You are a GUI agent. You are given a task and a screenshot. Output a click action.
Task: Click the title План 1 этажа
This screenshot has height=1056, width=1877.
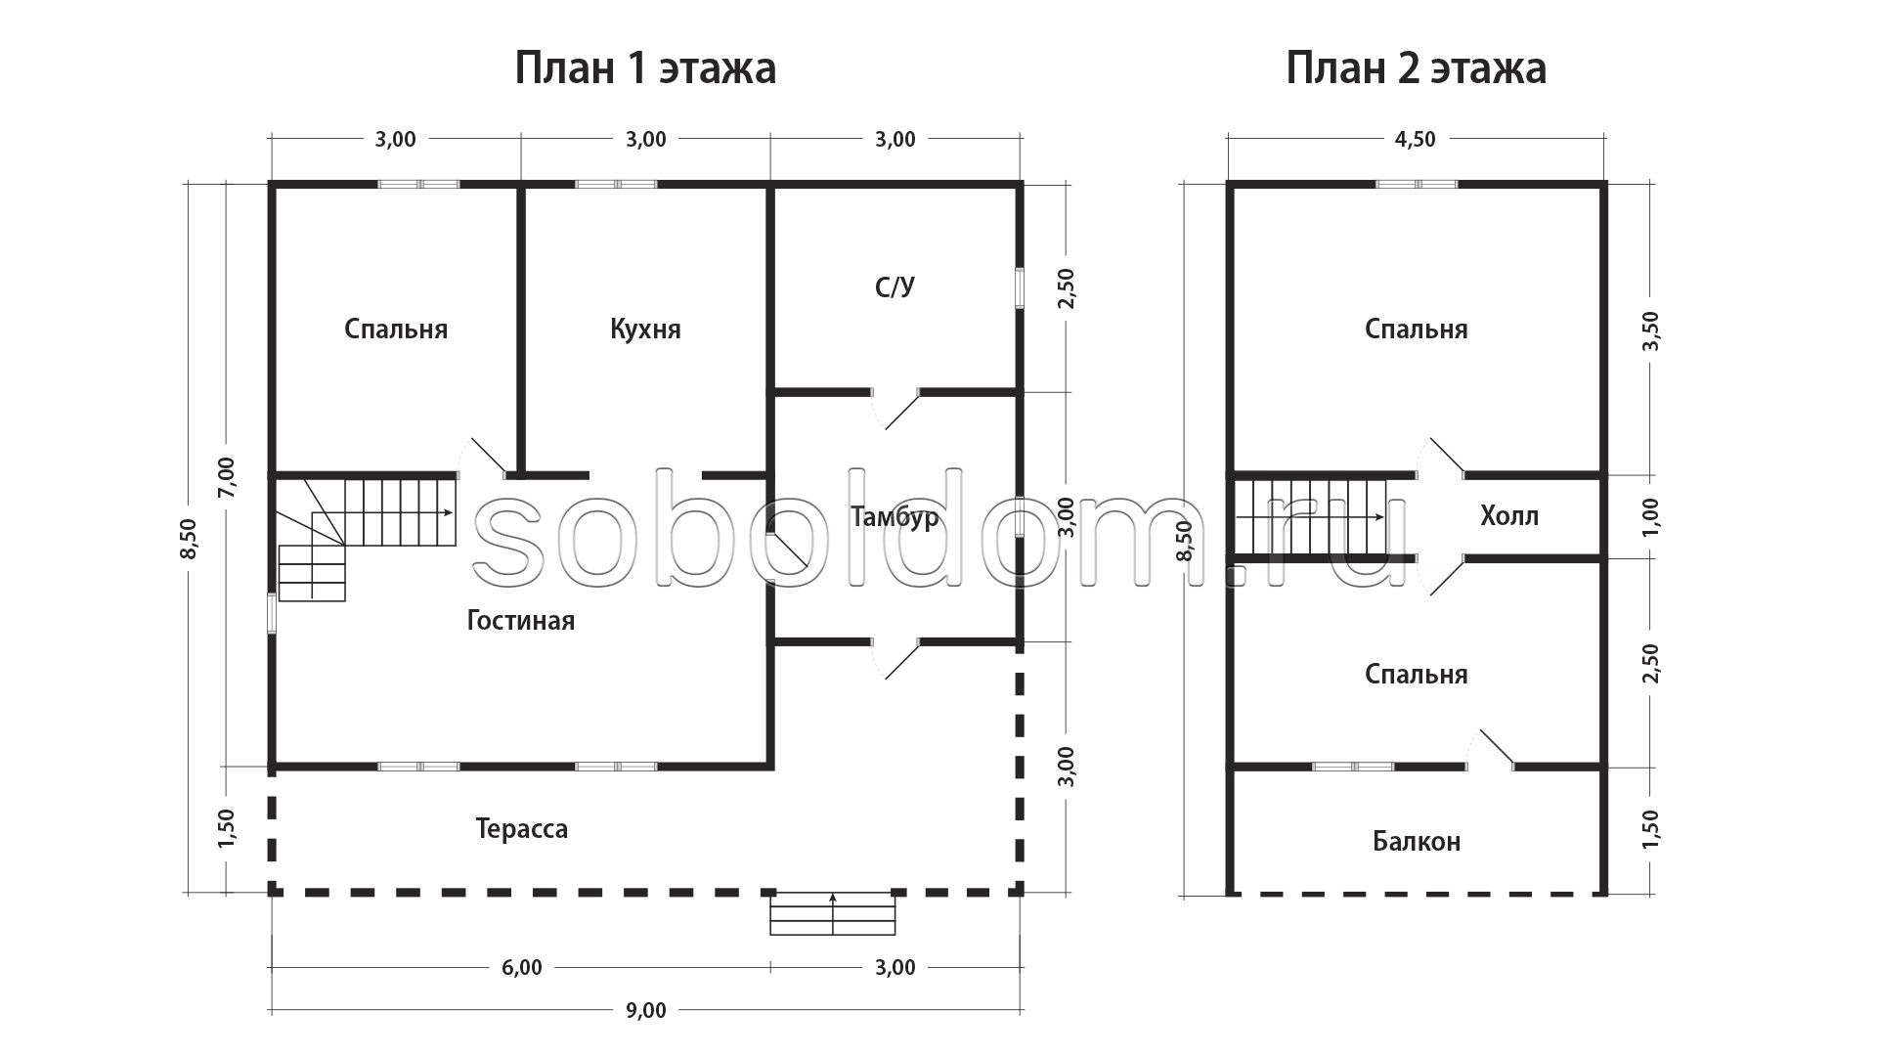[x=645, y=68]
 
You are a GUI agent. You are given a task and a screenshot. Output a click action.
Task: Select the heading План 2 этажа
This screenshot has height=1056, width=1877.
[x=1416, y=68]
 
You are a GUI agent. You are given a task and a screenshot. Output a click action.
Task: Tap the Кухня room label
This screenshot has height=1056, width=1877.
[x=645, y=329]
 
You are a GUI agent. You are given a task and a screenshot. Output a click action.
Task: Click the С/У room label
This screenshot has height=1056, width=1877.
[x=895, y=286]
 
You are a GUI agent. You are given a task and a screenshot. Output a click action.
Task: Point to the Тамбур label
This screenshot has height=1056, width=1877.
[x=895, y=516]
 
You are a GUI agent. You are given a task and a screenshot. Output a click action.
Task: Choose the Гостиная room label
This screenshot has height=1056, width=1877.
[x=521, y=620]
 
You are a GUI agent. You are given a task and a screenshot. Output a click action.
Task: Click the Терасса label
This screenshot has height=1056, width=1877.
[x=521, y=829]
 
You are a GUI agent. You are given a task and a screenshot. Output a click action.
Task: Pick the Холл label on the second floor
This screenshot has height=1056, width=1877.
[x=1509, y=515]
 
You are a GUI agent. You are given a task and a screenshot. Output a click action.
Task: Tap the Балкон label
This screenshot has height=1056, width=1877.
[x=1417, y=841]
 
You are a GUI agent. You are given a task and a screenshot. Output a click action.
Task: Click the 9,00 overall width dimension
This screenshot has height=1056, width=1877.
[x=645, y=1010]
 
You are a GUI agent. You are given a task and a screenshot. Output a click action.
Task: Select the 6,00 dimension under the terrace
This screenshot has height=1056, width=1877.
[x=521, y=967]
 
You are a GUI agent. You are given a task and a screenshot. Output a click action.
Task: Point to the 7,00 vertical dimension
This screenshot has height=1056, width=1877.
[x=226, y=477]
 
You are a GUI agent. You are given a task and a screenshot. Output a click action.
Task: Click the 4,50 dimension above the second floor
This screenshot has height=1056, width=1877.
[x=1415, y=139]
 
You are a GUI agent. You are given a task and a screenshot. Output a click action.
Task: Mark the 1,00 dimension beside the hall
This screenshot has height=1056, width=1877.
[x=1651, y=516]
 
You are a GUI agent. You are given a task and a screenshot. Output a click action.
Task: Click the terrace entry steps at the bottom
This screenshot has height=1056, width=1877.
[x=833, y=913]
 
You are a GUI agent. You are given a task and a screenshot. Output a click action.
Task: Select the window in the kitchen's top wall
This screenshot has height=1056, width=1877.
[x=616, y=183]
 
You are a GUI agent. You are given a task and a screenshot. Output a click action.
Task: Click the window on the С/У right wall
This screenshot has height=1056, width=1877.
[x=1019, y=288]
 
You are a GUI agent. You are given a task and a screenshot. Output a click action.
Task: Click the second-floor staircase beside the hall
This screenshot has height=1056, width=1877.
[x=1311, y=516]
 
